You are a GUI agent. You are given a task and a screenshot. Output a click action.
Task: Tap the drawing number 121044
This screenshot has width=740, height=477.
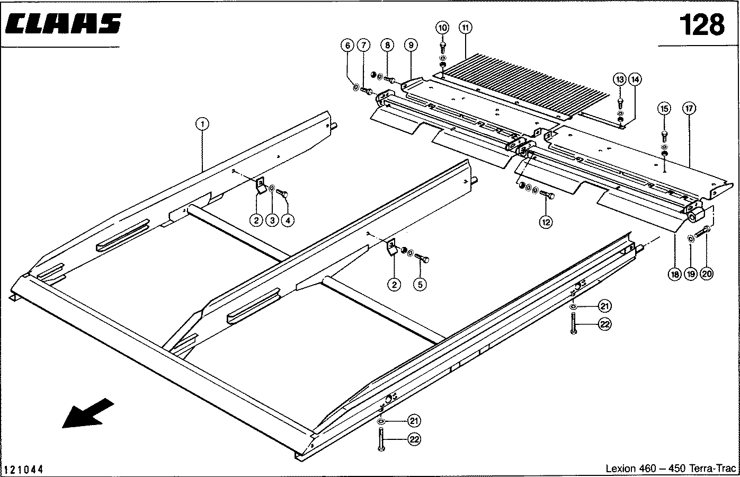[24, 470]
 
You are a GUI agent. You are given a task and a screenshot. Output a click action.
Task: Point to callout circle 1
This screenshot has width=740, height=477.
[202, 124]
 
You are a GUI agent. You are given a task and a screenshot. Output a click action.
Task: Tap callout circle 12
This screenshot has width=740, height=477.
[546, 223]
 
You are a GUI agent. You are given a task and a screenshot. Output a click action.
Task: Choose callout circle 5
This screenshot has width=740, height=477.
[420, 285]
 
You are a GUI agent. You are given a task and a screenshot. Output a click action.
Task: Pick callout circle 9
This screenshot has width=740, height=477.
[411, 46]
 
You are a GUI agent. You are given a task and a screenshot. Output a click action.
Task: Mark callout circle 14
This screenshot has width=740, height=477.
[635, 79]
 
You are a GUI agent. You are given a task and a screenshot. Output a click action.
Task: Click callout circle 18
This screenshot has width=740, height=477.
[674, 274]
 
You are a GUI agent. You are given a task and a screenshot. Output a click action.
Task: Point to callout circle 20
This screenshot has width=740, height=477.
[707, 274]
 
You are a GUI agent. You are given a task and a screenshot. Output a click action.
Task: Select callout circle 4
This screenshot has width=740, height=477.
[288, 220]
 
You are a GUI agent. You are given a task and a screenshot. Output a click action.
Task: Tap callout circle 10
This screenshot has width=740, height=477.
[443, 27]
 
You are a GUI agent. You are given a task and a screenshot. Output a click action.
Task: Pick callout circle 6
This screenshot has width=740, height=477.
[347, 46]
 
